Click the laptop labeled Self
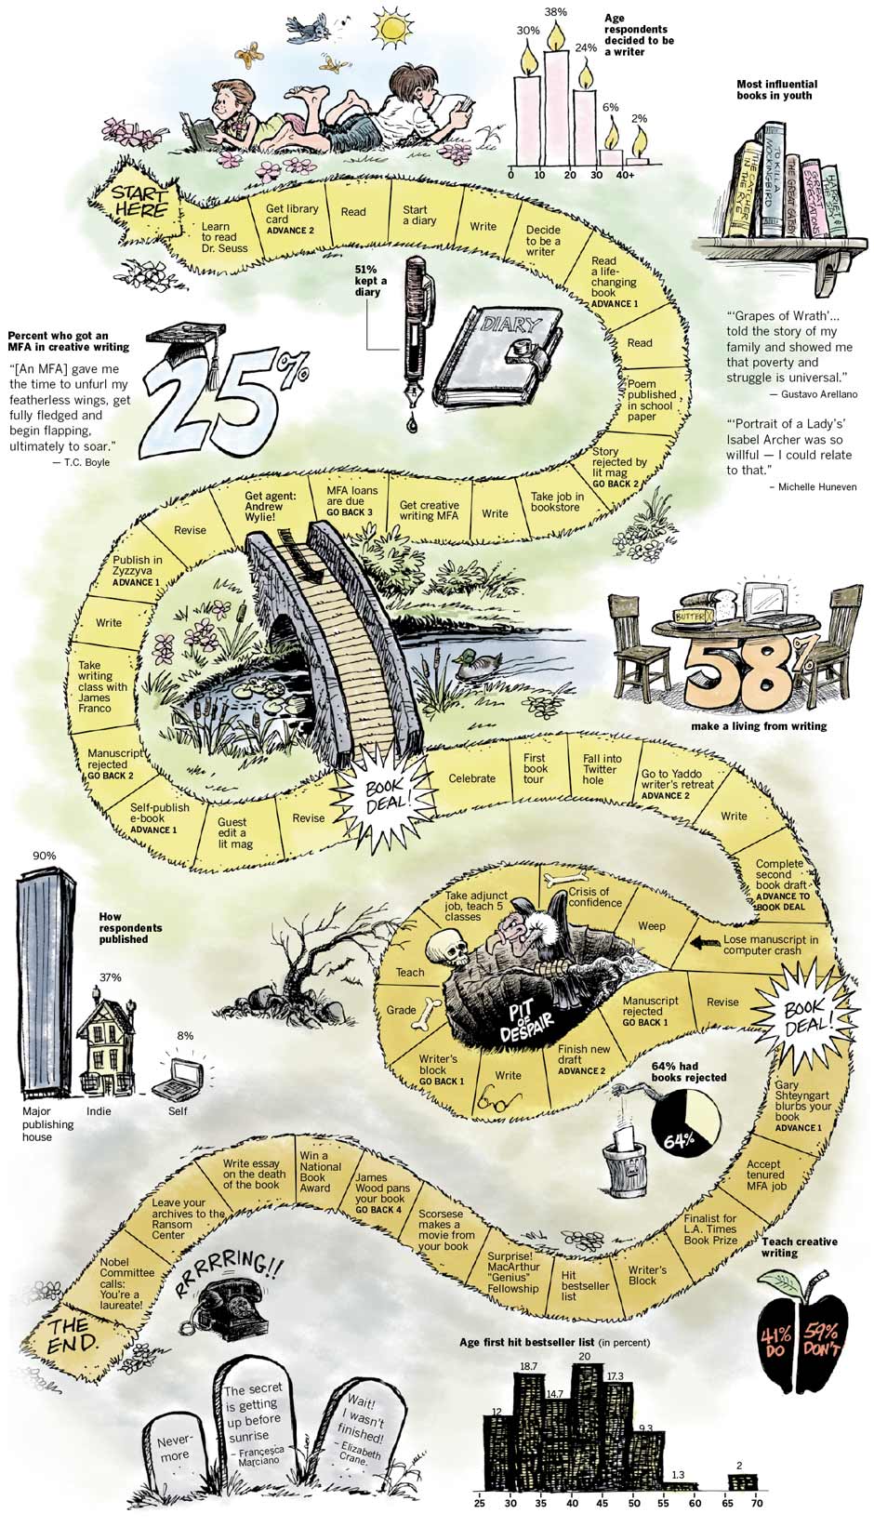point(180,1077)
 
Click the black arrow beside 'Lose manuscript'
point(704,944)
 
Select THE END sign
point(73,1334)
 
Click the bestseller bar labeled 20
point(585,1423)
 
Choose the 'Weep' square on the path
point(651,926)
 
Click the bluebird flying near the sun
point(307,30)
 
